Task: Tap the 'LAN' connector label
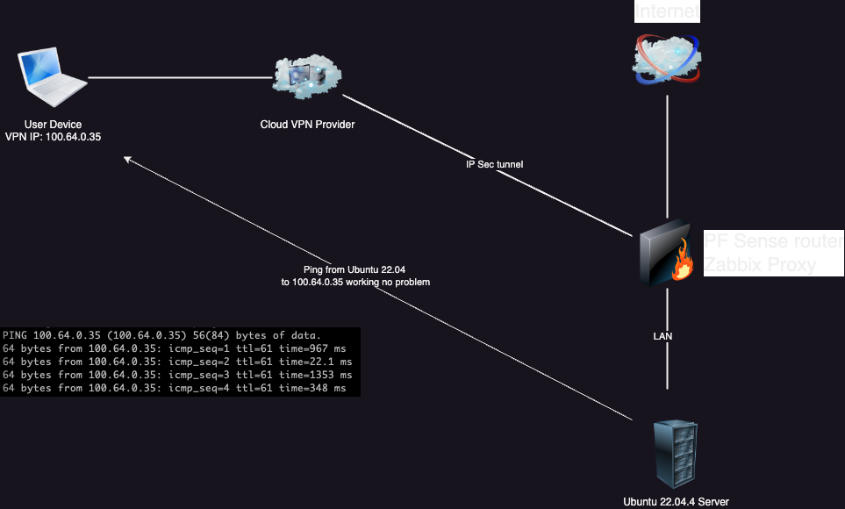coord(662,335)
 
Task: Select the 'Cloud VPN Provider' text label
coord(307,125)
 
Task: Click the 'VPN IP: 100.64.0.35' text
coord(54,138)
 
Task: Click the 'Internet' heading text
coord(669,11)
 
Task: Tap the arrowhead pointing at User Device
coord(127,160)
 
